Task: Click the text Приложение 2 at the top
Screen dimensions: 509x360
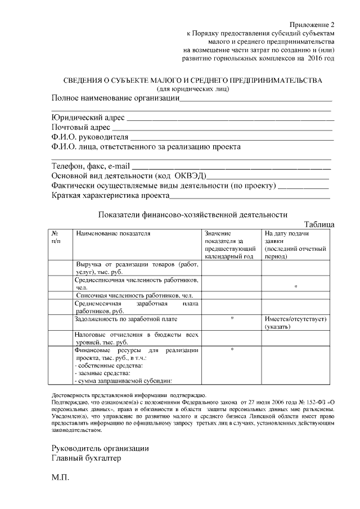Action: [x=312, y=25]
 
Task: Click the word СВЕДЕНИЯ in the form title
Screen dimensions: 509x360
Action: [x=83, y=80]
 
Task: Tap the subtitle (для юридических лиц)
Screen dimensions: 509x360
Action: [x=193, y=88]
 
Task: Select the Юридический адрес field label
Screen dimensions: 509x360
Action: [x=88, y=118]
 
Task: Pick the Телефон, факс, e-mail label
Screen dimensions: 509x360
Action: [x=91, y=166]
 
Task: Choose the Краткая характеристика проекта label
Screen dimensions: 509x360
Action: [x=110, y=196]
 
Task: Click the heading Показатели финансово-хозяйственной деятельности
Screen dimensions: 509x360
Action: [x=192, y=214]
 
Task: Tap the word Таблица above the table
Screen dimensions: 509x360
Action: [x=319, y=224]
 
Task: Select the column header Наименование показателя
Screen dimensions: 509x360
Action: [x=114, y=233]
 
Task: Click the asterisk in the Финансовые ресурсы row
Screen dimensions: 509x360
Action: [x=232, y=350]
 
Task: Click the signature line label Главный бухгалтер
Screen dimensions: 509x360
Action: [x=86, y=458]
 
